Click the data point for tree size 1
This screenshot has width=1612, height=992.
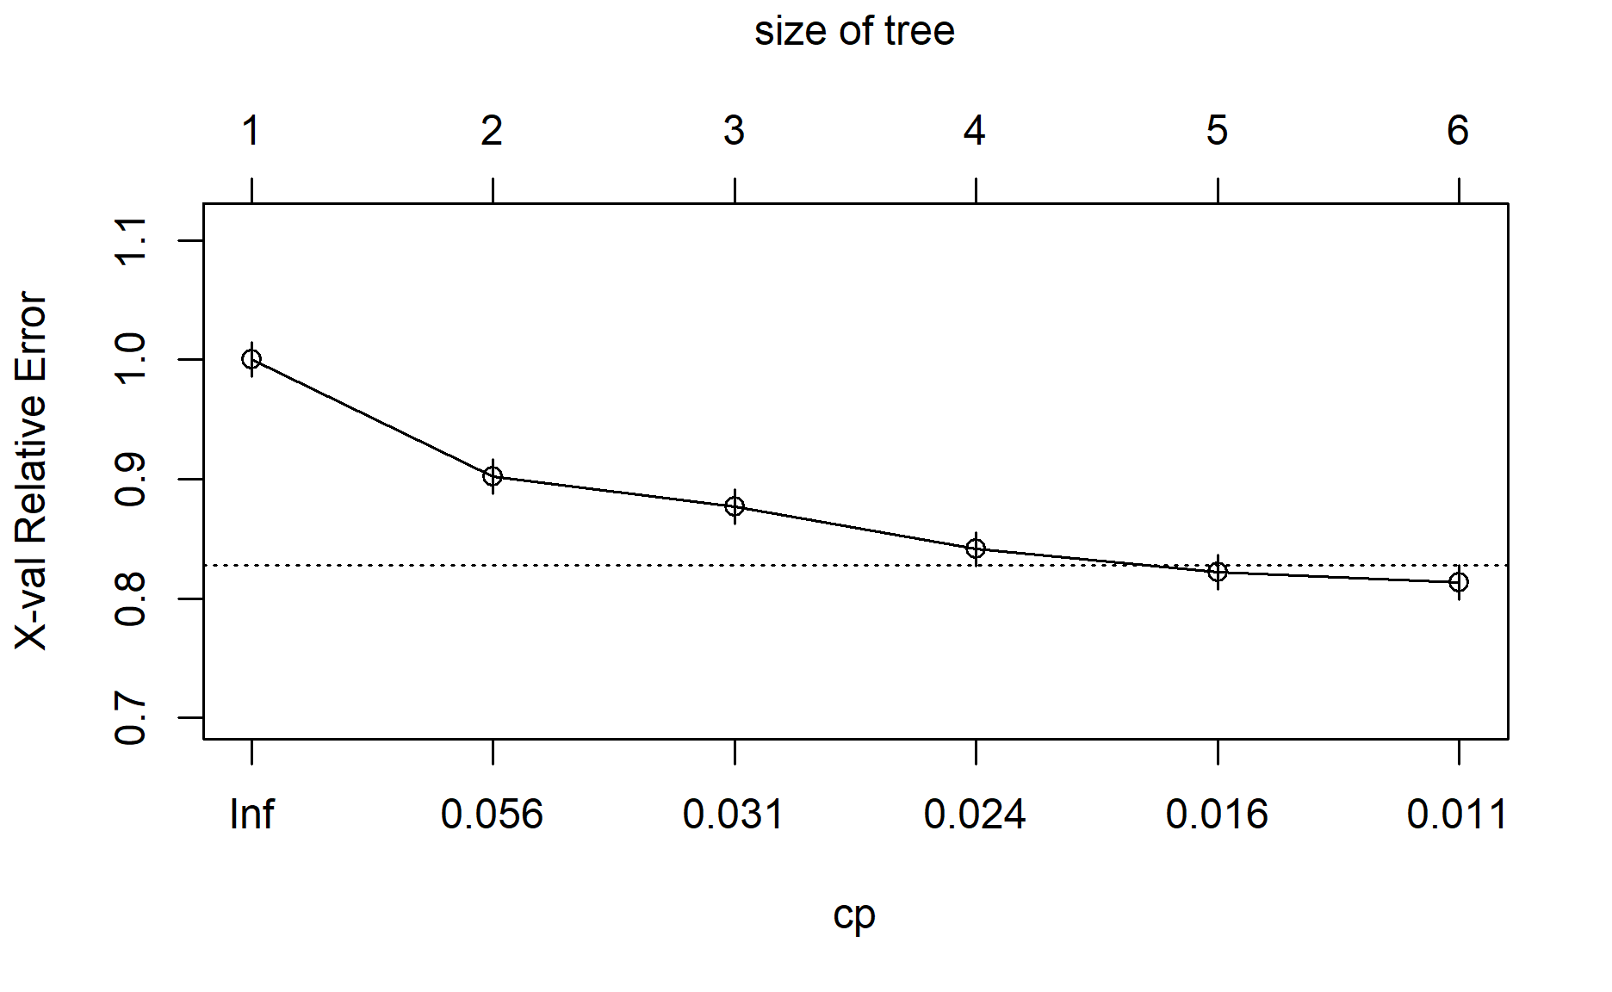tap(251, 359)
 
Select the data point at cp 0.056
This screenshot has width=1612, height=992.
tap(493, 476)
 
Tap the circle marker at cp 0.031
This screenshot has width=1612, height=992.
tap(735, 506)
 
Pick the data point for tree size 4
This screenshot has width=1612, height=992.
tap(976, 549)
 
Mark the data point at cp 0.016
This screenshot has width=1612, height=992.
tap(1218, 572)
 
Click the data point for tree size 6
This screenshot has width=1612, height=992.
tap(1459, 582)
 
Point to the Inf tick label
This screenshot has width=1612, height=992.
tap(251, 815)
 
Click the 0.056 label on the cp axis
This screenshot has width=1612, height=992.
tap(492, 815)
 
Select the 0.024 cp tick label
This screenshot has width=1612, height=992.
tap(975, 815)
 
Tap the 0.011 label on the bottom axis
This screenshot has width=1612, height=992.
tap(1457, 815)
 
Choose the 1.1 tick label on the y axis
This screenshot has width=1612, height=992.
tap(131, 240)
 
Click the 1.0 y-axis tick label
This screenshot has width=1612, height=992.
tap(131, 359)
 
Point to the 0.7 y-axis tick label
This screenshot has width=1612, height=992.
tap(131, 717)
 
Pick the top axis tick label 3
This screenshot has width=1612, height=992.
tap(734, 131)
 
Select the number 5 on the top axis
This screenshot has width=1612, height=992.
tap(1217, 131)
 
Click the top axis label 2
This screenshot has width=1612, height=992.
tap(492, 131)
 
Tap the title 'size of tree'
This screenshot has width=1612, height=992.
tap(854, 32)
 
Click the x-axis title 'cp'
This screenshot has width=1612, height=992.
tap(854, 915)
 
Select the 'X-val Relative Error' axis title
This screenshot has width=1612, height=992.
tap(32, 470)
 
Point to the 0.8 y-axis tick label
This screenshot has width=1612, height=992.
tap(131, 598)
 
